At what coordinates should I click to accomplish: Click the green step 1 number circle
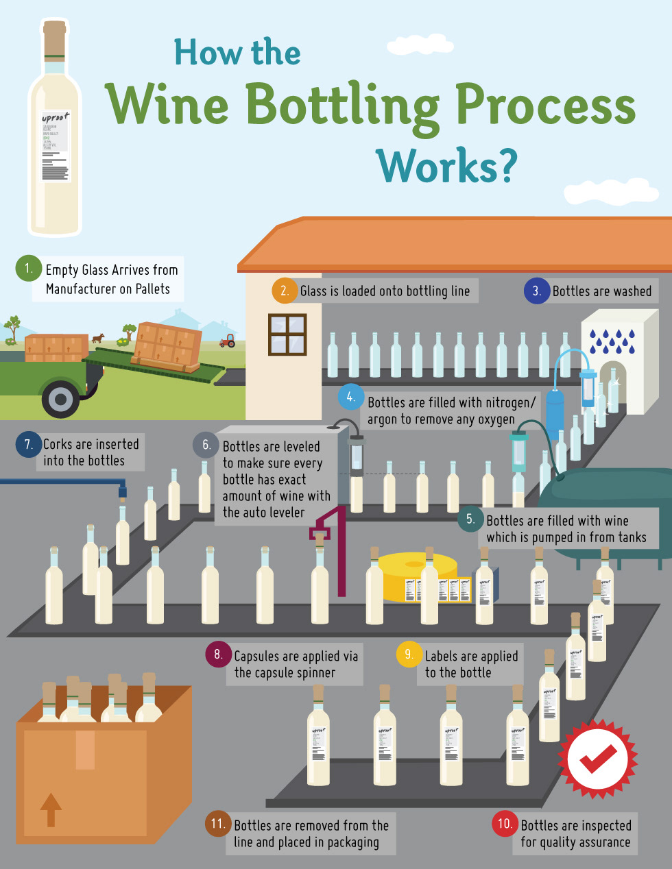(28, 269)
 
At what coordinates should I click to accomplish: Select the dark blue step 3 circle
(537, 291)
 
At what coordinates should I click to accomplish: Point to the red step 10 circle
(505, 824)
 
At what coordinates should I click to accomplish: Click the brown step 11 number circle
(218, 824)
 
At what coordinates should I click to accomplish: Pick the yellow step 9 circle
(409, 654)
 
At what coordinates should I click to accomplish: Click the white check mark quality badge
(598, 758)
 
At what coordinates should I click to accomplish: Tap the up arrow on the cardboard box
(51, 809)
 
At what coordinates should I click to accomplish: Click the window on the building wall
(287, 334)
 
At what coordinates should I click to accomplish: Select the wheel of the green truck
(60, 399)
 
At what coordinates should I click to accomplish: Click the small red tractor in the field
(227, 341)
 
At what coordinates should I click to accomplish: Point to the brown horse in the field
(99, 338)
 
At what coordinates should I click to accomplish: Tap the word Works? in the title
(446, 166)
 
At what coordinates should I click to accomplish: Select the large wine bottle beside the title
(54, 130)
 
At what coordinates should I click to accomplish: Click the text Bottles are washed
(602, 291)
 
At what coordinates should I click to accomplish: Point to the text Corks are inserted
(91, 444)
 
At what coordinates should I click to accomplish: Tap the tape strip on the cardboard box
(85, 750)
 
